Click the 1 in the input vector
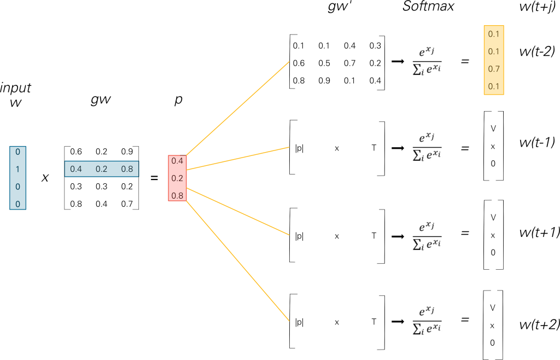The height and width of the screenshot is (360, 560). (x=17, y=169)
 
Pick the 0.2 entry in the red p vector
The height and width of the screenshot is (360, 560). (x=177, y=178)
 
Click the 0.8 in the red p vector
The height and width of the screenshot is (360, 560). (x=177, y=195)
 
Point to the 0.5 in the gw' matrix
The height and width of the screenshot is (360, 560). (x=324, y=63)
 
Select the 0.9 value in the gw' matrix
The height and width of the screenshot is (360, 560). (x=324, y=81)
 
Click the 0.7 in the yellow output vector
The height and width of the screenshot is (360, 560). (x=493, y=69)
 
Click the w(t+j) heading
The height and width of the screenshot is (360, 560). (x=537, y=7)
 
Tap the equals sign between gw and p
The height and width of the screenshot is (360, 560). (x=154, y=178)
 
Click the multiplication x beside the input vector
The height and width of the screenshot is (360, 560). (x=45, y=178)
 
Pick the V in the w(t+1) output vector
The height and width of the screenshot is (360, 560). (x=493, y=218)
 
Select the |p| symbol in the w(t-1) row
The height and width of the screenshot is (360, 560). (x=299, y=148)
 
